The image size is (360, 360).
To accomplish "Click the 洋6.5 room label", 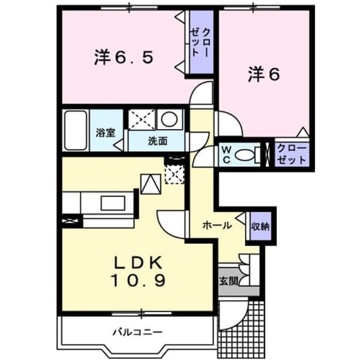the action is [x=123, y=57].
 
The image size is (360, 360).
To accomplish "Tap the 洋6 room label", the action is [x=264, y=75].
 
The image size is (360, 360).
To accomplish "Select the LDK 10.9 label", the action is [x=138, y=271].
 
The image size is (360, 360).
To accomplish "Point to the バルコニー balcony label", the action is [x=138, y=332].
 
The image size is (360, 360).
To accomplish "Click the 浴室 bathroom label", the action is [x=105, y=133].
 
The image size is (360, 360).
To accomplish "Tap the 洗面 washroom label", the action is [x=158, y=141].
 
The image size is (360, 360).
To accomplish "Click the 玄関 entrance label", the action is [x=229, y=281].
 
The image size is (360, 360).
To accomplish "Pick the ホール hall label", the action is [x=217, y=226].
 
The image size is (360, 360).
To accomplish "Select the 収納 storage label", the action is [x=261, y=226].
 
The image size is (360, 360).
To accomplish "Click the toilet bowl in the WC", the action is [x=245, y=155].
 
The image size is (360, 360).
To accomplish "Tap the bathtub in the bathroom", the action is [x=75, y=130].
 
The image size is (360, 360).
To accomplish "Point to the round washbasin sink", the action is [x=170, y=119].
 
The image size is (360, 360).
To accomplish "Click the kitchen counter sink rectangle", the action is [x=113, y=203].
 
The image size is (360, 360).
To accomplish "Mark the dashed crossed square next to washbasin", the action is [x=142, y=119].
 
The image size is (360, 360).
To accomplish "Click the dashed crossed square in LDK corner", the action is [x=174, y=174].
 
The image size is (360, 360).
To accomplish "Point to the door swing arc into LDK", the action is [x=167, y=226].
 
